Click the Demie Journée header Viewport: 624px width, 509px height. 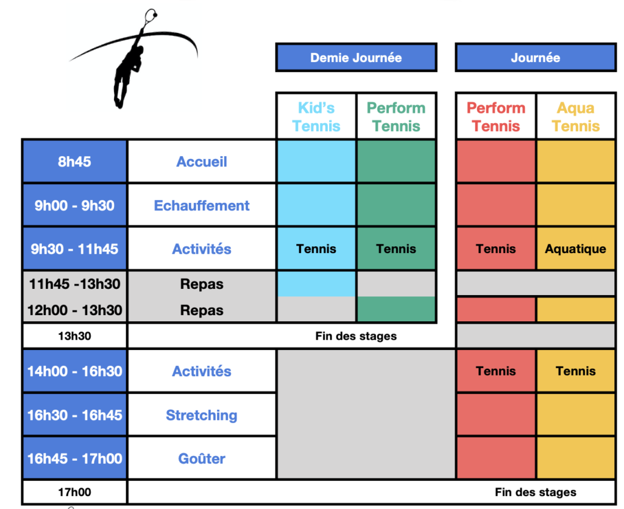356,58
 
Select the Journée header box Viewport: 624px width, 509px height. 536,58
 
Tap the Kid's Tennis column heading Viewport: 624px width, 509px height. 316,116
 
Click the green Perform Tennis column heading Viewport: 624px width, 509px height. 396,116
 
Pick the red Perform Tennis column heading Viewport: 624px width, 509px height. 496,116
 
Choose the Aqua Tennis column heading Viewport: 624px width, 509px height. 576,116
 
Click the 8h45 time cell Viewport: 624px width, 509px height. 74,162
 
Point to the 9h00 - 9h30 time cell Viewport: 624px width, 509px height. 74,205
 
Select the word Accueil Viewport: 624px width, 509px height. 202,162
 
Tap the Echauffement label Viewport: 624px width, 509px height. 202,205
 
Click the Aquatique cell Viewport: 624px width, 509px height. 576,249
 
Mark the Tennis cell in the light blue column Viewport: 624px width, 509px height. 316,249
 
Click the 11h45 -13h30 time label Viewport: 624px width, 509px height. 74,284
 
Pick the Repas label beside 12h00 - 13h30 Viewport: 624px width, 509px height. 202,310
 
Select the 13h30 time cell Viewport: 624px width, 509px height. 74,336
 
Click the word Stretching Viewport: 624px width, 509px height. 202,415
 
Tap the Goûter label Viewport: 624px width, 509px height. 202,458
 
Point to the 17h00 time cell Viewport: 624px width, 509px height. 74,493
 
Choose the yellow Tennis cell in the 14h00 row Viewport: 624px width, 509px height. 576,371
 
